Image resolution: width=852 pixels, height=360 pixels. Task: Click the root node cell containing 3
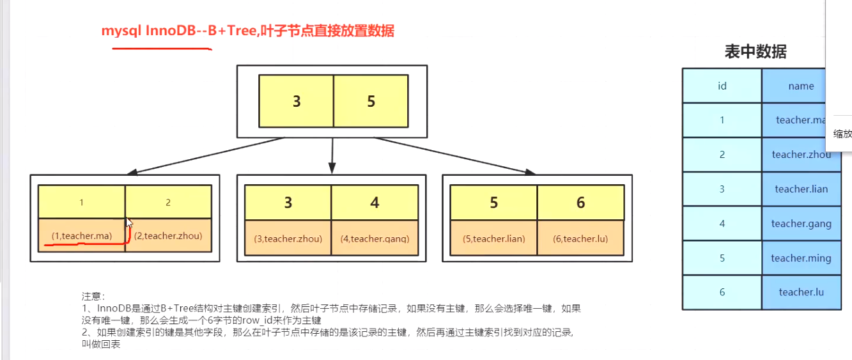(296, 101)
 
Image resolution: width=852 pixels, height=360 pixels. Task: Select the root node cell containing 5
(371, 101)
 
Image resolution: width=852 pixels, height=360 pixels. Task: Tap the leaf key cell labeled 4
(375, 203)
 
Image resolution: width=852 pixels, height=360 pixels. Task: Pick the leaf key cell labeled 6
(580, 203)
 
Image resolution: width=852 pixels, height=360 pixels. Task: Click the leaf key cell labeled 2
(168, 203)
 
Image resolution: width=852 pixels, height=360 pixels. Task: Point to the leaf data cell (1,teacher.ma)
(82, 236)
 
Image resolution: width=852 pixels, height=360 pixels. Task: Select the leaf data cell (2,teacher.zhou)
(168, 236)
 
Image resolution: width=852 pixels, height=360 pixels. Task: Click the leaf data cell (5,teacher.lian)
(493, 239)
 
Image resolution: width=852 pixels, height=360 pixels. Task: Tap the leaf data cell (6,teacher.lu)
(580, 239)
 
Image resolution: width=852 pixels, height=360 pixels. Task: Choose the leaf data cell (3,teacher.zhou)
(288, 239)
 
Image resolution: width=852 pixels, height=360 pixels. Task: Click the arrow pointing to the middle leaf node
(332, 155)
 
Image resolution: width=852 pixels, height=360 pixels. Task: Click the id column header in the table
(722, 86)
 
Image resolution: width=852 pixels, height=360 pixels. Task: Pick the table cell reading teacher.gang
(801, 223)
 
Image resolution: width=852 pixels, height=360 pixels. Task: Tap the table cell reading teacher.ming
(801, 258)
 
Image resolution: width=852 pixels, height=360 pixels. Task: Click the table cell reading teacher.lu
(801, 292)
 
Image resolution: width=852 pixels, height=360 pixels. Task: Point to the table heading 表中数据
(755, 52)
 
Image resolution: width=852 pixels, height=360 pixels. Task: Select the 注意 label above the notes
(93, 297)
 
